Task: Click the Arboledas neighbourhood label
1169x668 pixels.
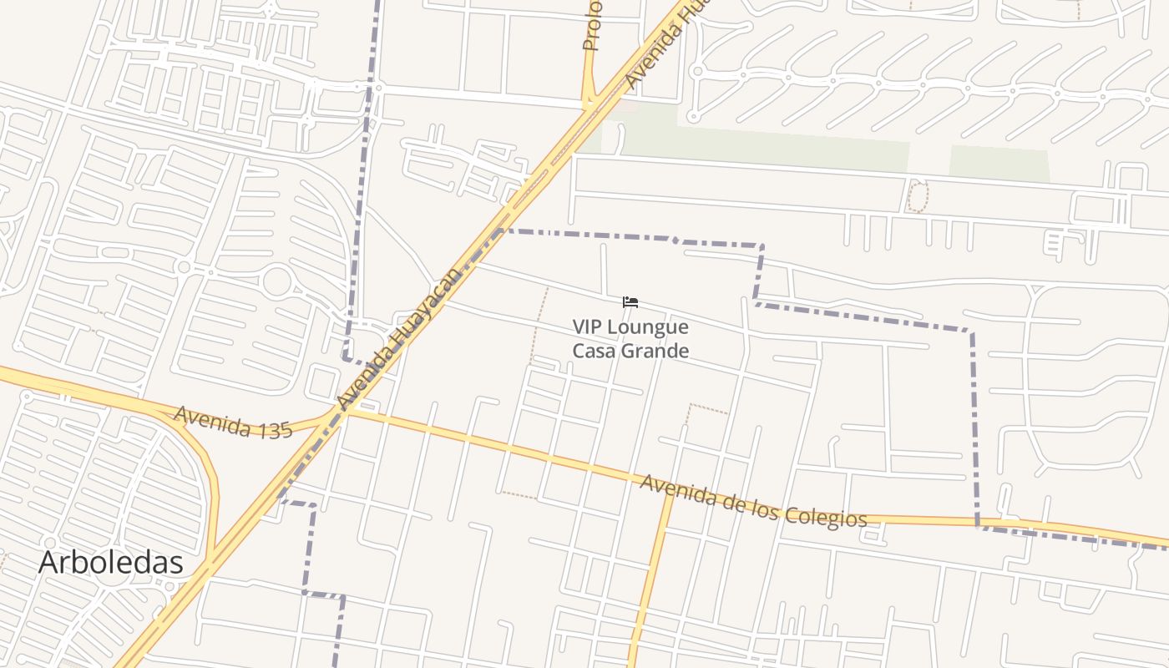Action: [110, 562]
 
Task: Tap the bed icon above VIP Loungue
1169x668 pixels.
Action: [630, 301]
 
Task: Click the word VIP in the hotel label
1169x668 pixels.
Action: [588, 326]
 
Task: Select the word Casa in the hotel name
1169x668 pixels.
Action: [592, 350]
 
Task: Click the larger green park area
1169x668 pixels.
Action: [764, 146]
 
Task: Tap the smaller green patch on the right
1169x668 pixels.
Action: [999, 163]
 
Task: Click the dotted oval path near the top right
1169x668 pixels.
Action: [917, 197]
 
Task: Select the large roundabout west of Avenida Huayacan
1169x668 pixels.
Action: [277, 281]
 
